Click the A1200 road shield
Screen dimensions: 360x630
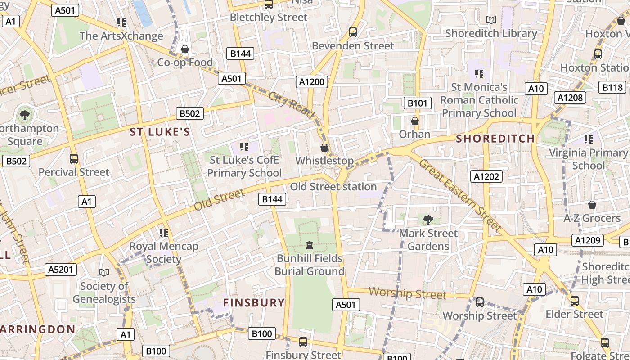(x=312, y=81)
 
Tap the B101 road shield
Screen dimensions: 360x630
(x=417, y=103)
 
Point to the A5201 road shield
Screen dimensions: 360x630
(x=61, y=270)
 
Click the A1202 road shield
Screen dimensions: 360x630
(x=486, y=176)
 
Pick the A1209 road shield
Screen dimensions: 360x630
(x=588, y=240)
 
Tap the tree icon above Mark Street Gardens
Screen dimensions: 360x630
(x=428, y=220)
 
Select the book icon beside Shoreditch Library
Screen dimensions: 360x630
(x=491, y=20)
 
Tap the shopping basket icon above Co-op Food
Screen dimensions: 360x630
(x=184, y=49)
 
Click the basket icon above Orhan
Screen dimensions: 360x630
(x=415, y=121)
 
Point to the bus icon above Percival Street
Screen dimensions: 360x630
(x=74, y=158)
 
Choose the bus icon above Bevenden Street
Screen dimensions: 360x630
(x=353, y=32)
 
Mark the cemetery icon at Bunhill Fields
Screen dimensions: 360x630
(x=310, y=245)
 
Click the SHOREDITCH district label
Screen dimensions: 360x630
(x=495, y=138)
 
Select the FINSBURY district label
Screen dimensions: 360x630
(x=254, y=302)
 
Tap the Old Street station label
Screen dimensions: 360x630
(x=333, y=186)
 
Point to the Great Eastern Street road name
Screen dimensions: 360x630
(x=460, y=195)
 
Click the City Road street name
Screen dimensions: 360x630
(x=291, y=104)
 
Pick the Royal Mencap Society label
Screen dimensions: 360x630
(x=164, y=252)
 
